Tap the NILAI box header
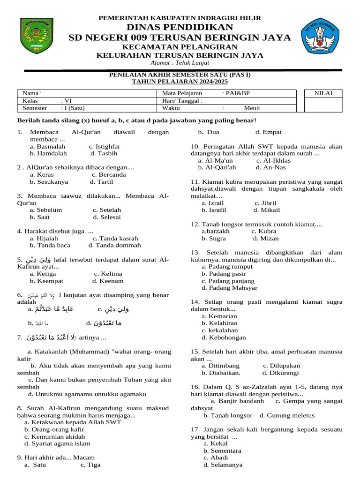(x=323, y=93)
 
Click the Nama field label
(x=31, y=93)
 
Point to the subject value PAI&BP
(x=238, y=93)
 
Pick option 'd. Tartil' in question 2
(x=99, y=182)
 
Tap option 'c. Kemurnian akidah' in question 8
(x=55, y=436)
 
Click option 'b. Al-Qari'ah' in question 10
(x=217, y=167)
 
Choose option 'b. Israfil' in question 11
(x=214, y=210)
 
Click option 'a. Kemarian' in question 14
(x=219, y=316)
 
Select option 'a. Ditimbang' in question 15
(x=220, y=366)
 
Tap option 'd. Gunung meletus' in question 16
(x=287, y=415)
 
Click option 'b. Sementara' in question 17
(x=222, y=450)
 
